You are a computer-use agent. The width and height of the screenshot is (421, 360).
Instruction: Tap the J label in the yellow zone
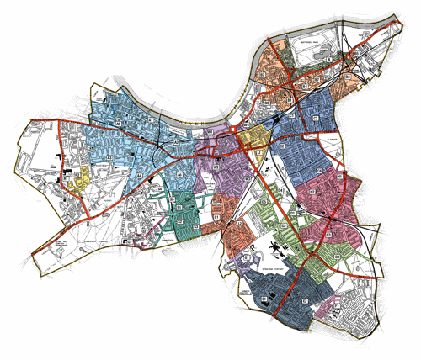point(249,135)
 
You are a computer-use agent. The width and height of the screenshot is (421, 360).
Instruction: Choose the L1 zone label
point(216,217)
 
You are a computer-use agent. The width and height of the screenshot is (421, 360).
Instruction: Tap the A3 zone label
point(110,157)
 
